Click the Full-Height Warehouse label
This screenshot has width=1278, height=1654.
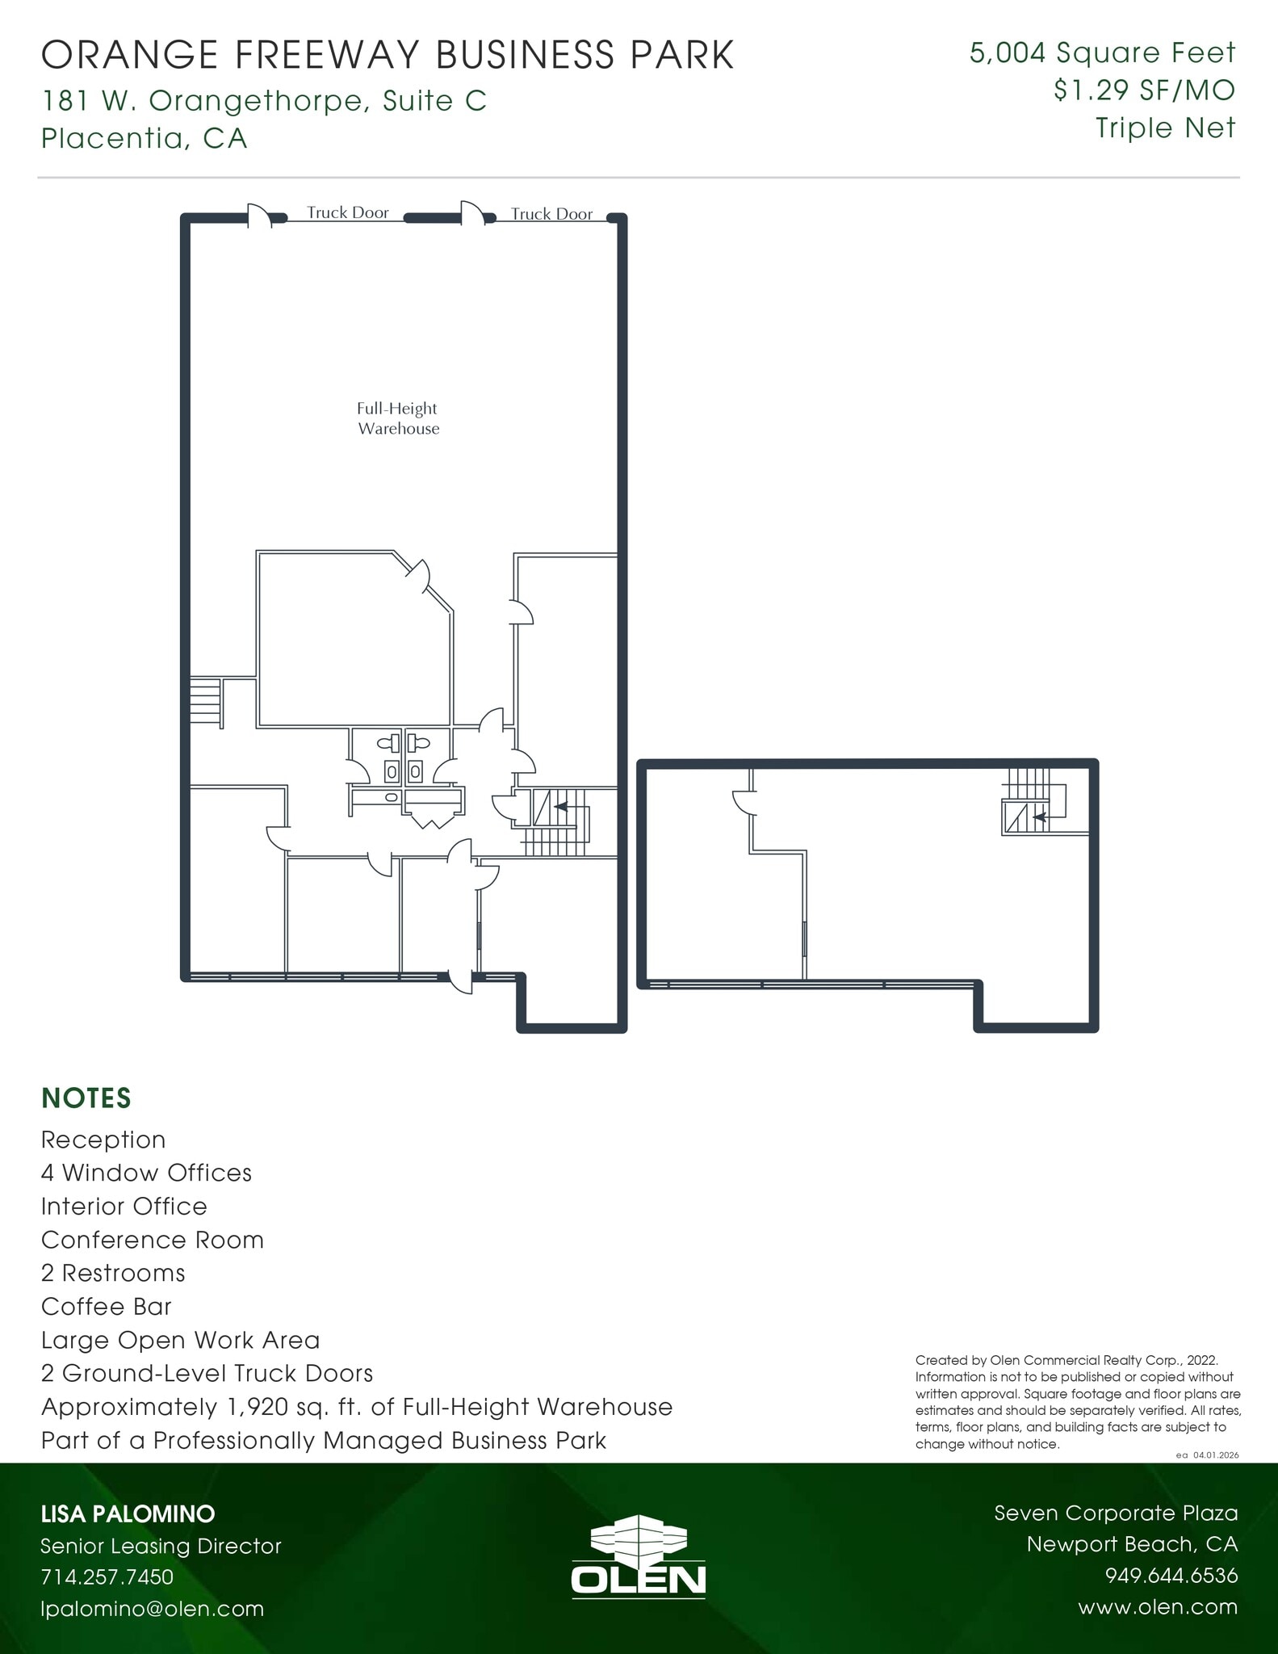pos(398,418)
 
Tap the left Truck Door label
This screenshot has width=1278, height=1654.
pos(347,212)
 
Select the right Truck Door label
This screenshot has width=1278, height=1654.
pos(551,214)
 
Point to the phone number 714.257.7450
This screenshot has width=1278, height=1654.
pos(107,1576)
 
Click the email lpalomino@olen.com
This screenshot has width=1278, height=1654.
pos(153,1608)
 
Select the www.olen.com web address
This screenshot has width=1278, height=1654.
pos(1158,1606)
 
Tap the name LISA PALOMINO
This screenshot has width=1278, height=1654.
pos(128,1513)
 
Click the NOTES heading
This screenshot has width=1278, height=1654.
pos(86,1098)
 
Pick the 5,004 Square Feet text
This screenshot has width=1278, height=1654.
pos(1102,53)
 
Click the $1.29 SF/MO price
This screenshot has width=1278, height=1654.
pos(1144,90)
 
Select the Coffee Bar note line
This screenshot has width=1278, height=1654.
pos(106,1306)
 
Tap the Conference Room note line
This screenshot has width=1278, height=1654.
pos(153,1240)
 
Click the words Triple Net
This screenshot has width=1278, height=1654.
pos(1165,128)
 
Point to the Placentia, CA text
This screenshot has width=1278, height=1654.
pos(144,138)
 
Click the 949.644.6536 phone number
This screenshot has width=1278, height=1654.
pos(1171,1576)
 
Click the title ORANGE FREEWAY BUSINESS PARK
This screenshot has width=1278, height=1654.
pos(388,55)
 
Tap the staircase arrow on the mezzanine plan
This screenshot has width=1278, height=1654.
pos(1040,817)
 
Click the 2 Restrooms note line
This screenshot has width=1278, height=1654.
pos(113,1273)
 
